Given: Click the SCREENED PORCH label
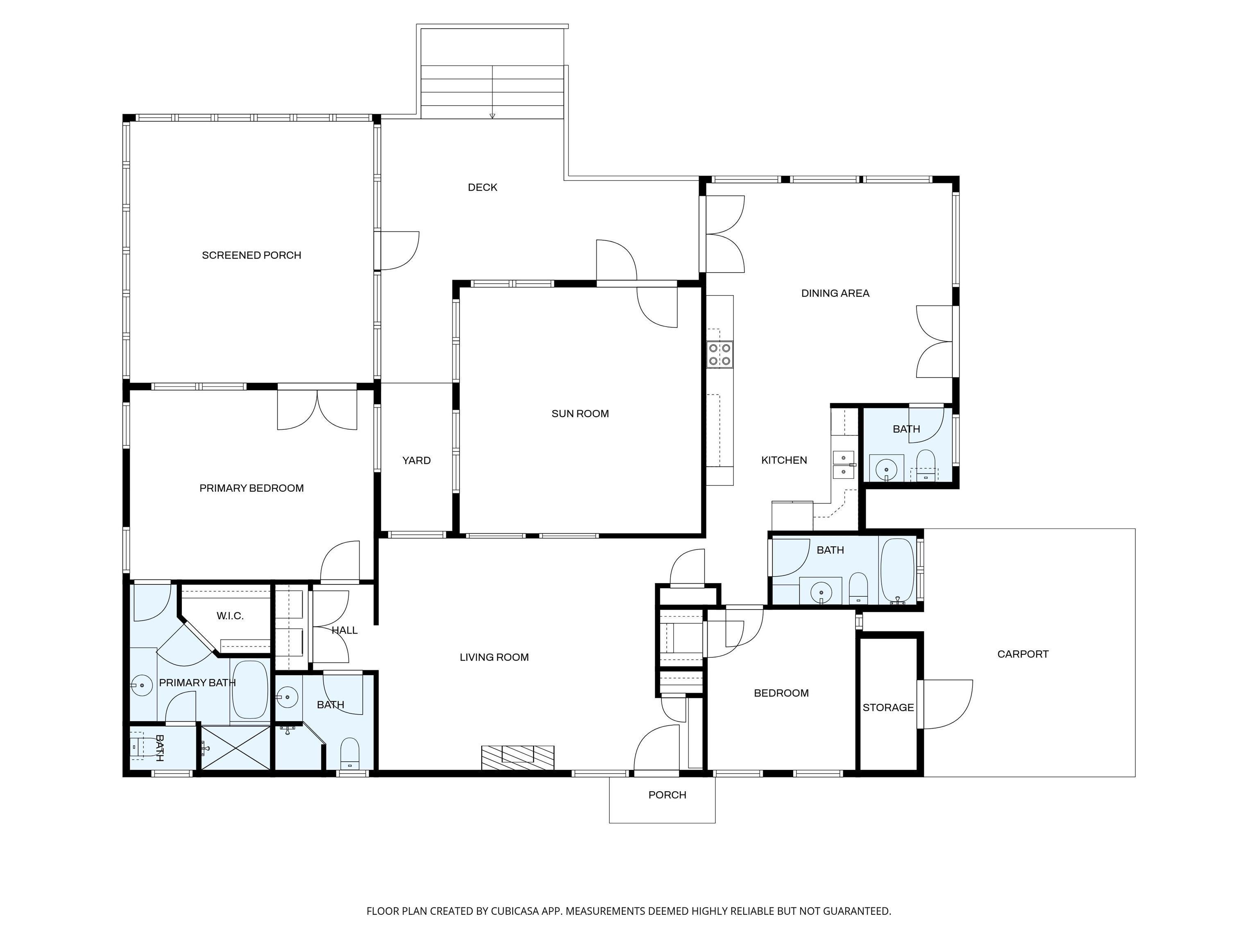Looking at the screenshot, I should pos(251,255).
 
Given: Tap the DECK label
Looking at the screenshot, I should pos(482,187).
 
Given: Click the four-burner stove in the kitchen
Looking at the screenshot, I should pos(720,354).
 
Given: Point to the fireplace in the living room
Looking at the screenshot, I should pos(518,758).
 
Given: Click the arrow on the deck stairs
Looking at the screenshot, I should pos(493,115).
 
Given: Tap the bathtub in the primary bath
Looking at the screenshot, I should pos(250,690).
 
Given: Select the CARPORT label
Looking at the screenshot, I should pos(1023,654).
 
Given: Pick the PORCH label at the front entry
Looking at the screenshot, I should pos(667,795).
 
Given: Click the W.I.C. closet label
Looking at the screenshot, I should pos(230,616).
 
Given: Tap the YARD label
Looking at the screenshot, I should pos(416,460).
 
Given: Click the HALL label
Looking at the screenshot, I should pos(345,630).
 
